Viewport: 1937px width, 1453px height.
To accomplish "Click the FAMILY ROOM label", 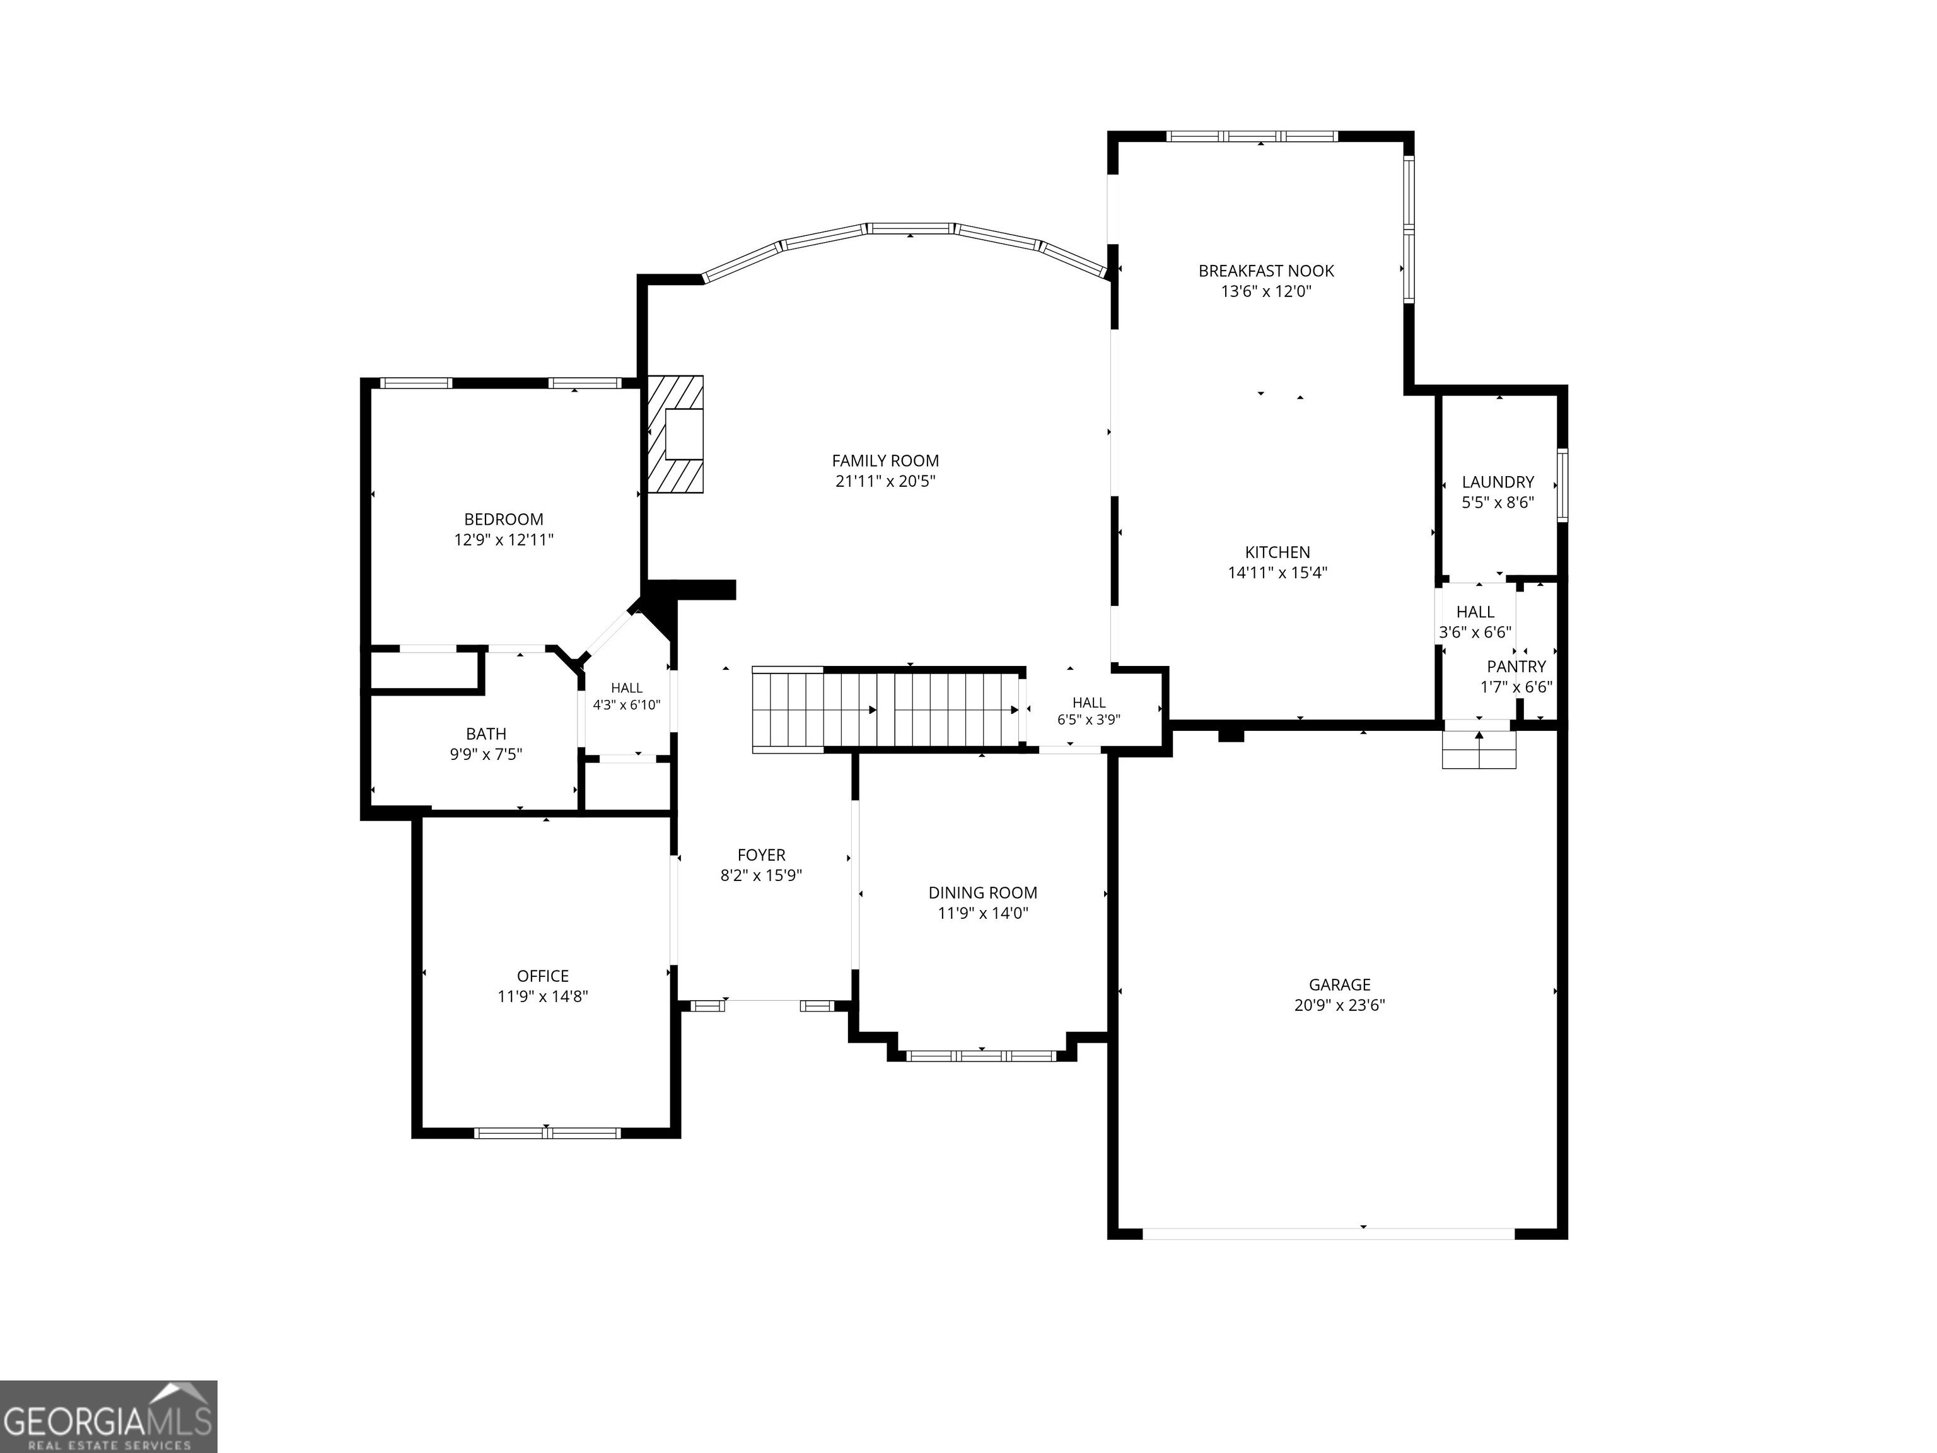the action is [x=885, y=461].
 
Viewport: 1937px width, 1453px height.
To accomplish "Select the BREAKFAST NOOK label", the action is [x=1266, y=272].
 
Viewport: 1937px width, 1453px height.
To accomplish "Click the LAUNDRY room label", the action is [x=1498, y=482].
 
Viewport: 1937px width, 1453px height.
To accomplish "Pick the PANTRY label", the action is [x=1516, y=667].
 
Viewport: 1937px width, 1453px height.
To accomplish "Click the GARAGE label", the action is [x=1340, y=985].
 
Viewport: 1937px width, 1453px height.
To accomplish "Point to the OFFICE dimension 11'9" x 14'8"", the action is [x=543, y=996].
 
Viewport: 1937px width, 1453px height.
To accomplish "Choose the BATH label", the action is [x=486, y=735].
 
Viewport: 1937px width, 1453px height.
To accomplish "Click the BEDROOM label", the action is [x=504, y=520].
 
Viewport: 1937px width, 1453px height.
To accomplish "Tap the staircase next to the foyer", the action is [x=889, y=709].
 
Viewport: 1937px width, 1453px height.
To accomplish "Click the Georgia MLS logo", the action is [x=108, y=1417].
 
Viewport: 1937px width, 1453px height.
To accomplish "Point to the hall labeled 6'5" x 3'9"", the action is [x=1088, y=711].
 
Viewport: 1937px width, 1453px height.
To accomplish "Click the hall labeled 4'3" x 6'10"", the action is [x=627, y=696].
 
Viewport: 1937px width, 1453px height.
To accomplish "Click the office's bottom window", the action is [x=547, y=1133].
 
